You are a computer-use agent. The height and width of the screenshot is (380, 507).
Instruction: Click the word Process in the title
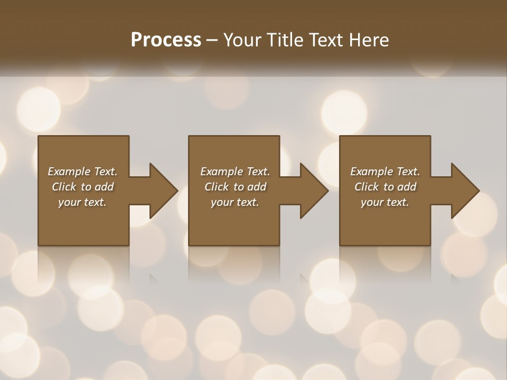point(166,40)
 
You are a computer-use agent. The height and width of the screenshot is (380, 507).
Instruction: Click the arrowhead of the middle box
point(314,191)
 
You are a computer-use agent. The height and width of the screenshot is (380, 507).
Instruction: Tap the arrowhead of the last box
point(465,191)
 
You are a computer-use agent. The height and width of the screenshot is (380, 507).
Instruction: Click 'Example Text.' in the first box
point(82,172)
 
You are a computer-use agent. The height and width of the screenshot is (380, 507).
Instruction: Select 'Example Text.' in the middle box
point(235,172)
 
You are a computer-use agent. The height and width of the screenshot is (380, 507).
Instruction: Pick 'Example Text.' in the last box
point(385,172)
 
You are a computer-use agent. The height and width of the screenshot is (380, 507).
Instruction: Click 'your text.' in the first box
point(82,202)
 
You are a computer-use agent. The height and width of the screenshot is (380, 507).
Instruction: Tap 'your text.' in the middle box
point(235,202)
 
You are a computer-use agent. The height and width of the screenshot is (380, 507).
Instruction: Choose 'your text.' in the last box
point(385,202)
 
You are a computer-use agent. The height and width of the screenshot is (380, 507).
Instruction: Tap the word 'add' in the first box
point(104,187)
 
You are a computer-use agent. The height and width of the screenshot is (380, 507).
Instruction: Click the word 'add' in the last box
point(407,187)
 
